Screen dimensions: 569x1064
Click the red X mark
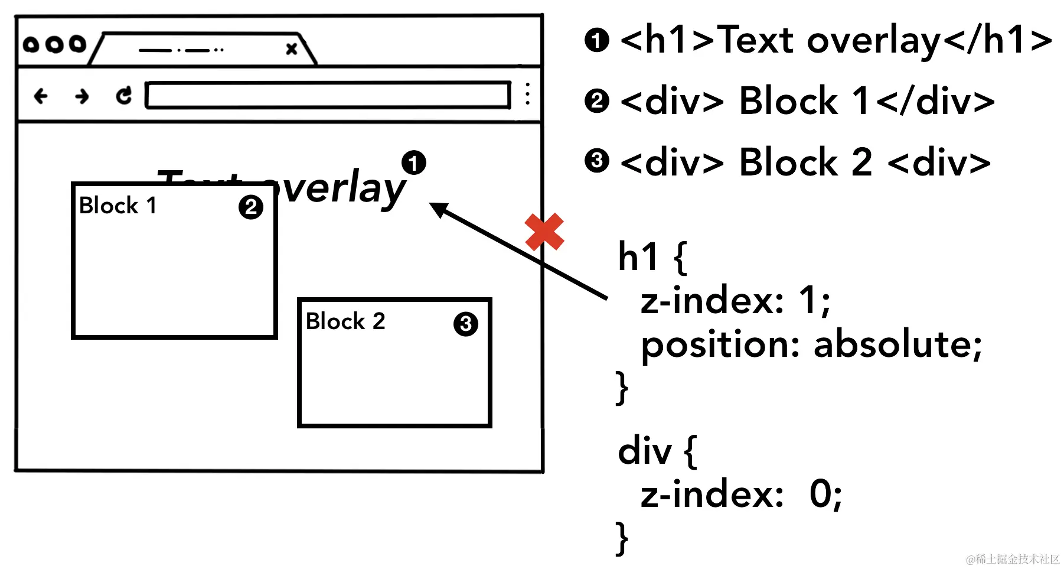pos(544,232)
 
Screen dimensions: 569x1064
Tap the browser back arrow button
pos(41,96)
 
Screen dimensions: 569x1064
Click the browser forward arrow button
pos(82,96)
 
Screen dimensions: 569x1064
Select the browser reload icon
pos(123,95)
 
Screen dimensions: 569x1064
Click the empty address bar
pos(328,95)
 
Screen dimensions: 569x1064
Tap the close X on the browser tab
pos(291,49)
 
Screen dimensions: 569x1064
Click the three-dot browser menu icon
pos(527,94)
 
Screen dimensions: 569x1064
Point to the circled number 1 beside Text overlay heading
pos(413,162)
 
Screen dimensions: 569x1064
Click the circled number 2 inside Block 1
pos(251,207)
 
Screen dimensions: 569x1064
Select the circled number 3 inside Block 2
pos(465,324)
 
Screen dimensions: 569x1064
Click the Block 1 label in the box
pos(118,206)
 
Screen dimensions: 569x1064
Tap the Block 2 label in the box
pos(345,321)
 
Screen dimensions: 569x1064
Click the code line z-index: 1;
pos(735,300)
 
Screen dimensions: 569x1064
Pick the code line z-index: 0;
pos(741,494)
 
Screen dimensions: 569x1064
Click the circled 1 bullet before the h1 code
pos(596,40)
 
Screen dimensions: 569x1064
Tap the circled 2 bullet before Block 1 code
pos(596,101)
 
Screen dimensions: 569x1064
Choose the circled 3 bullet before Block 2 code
pos(596,161)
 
